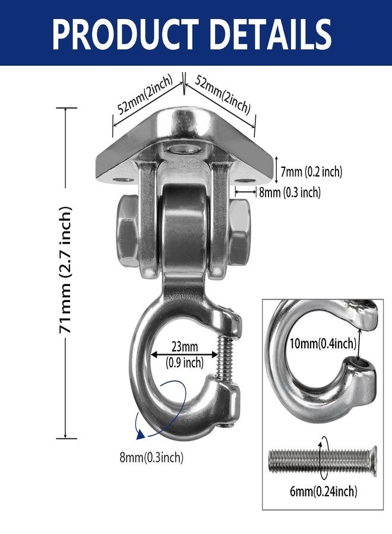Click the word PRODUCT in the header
(x=126, y=34)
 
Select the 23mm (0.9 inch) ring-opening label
(x=184, y=355)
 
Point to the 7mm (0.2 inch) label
(x=311, y=171)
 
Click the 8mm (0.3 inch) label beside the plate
(x=290, y=192)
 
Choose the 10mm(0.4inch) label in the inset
(x=323, y=344)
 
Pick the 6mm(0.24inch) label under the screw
(x=323, y=491)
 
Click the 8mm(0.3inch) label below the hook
(x=151, y=457)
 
